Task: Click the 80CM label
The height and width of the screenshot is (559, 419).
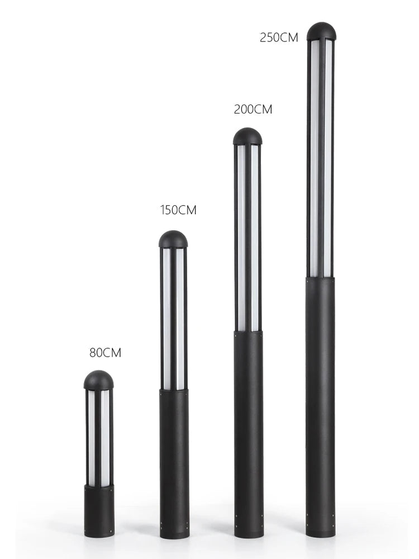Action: click(x=105, y=353)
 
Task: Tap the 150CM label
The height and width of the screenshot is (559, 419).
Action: click(x=178, y=210)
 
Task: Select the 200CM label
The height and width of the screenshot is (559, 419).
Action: click(x=253, y=109)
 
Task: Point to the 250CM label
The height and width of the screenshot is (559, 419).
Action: click(x=279, y=37)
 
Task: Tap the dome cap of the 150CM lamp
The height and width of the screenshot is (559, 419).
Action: click(x=173, y=239)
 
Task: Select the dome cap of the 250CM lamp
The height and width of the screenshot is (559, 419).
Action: click(x=321, y=31)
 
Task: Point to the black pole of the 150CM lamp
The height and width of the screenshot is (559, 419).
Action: click(x=174, y=464)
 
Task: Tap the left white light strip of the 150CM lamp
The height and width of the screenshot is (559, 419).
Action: click(x=166, y=319)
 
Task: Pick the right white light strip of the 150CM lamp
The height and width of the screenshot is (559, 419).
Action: click(x=180, y=319)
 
